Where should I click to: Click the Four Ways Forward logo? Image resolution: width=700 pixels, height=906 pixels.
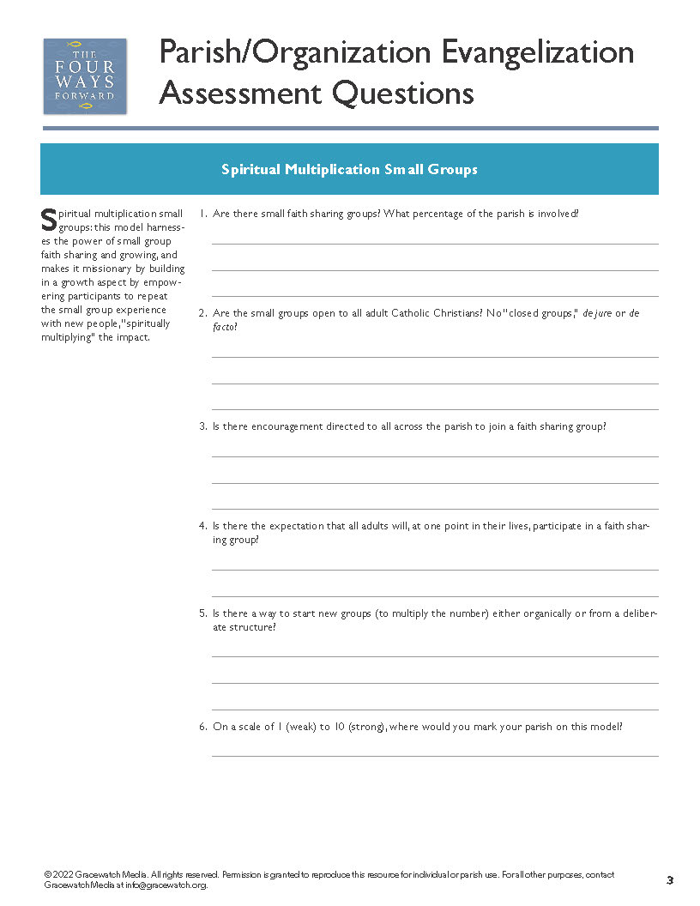click(x=85, y=75)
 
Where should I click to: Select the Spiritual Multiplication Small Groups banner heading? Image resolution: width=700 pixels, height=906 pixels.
click(x=349, y=170)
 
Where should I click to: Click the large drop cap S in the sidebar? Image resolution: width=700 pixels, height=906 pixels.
click(x=49, y=220)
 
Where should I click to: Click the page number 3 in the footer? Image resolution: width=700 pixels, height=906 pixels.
click(x=670, y=880)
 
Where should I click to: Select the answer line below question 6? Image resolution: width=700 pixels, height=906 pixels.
click(x=435, y=755)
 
